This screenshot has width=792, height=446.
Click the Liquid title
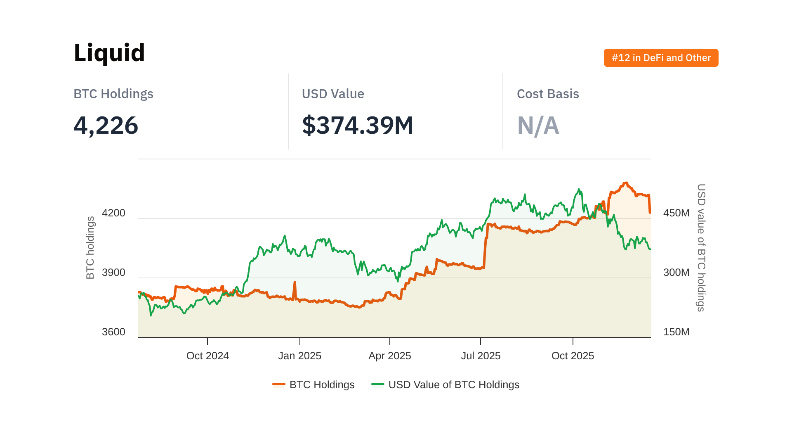(109, 53)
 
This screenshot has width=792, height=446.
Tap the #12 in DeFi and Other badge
(661, 58)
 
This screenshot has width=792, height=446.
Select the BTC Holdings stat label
(113, 94)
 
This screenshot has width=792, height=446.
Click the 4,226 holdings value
(106, 125)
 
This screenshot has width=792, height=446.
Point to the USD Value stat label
(333, 94)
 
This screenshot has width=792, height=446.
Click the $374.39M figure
(358, 125)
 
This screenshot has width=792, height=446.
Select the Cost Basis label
(548, 94)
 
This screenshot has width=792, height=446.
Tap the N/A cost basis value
(538, 126)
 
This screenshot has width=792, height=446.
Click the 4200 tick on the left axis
(113, 213)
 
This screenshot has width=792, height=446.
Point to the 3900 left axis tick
(113, 273)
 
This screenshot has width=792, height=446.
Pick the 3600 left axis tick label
(113, 332)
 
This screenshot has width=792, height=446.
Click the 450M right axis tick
(676, 213)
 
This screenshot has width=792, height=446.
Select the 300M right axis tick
(676, 273)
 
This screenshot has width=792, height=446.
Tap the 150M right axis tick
(676, 332)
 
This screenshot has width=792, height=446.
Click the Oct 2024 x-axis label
(207, 356)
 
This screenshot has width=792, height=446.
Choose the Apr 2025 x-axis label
(390, 356)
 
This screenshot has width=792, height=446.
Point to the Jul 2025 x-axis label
(481, 356)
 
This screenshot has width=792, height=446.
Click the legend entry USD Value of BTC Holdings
(445, 385)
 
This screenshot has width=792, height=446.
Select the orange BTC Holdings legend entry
(313, 385)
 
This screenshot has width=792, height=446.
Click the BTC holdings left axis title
(90, 248)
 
